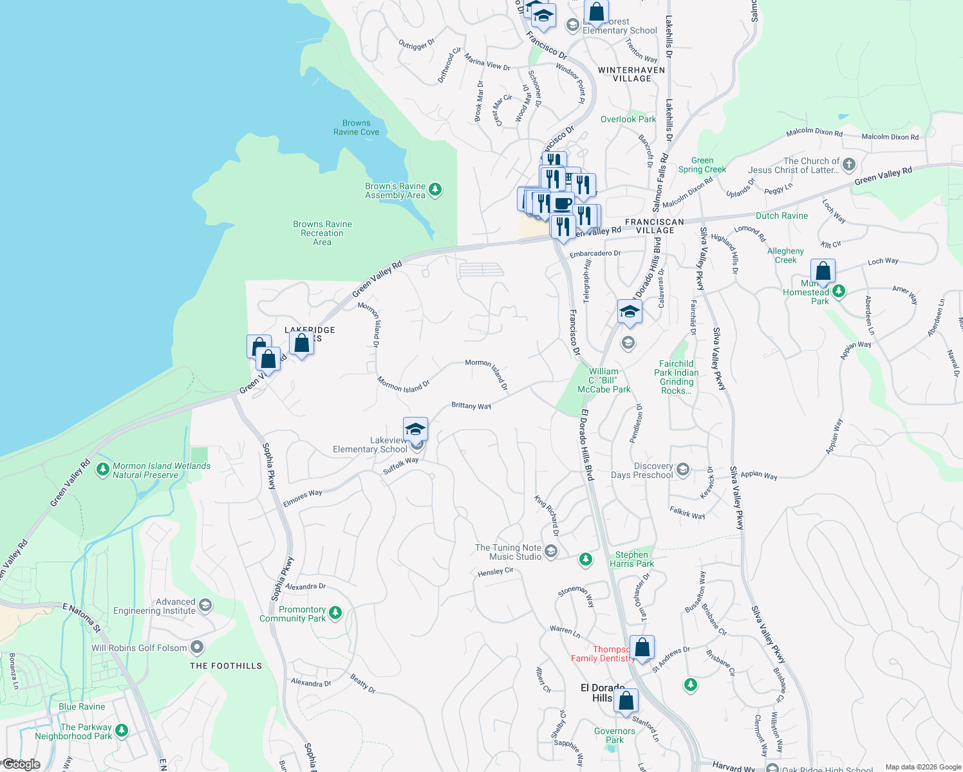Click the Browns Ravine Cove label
356,127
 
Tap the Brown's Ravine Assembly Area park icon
435,189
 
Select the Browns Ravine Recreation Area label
322,233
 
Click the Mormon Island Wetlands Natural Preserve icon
102,470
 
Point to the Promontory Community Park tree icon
335,613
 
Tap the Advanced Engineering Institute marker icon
205,605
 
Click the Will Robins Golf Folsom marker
197,647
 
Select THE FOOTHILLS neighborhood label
226,666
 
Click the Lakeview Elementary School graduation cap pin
415,428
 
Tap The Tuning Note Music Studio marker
551,551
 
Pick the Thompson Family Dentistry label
603,654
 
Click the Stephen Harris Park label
631,559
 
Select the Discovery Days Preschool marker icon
683,470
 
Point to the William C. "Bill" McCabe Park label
603,380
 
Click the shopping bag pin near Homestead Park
823,271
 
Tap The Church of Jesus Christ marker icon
849,165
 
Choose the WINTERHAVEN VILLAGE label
631,74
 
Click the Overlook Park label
628,119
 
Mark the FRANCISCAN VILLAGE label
655,226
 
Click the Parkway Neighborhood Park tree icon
122,731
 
